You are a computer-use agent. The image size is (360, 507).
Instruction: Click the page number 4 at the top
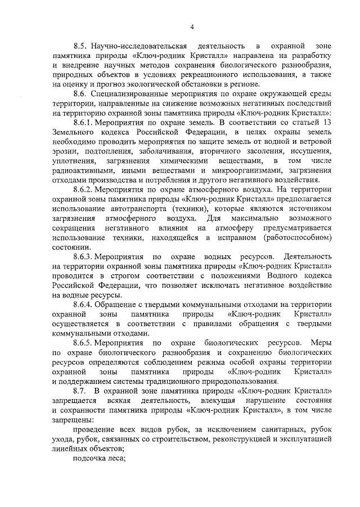pyautogui.click(x=192, y=26)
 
